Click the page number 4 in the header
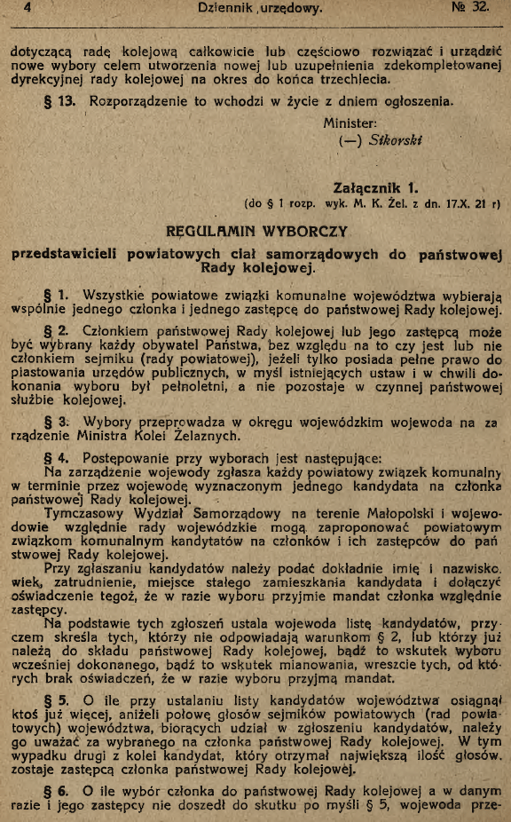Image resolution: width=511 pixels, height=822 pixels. coord(29,10)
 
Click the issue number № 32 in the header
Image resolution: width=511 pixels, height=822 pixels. coord(470,9)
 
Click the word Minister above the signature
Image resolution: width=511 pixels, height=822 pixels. coord(350,123)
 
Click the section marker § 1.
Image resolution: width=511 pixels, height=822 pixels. coord(56,295)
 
